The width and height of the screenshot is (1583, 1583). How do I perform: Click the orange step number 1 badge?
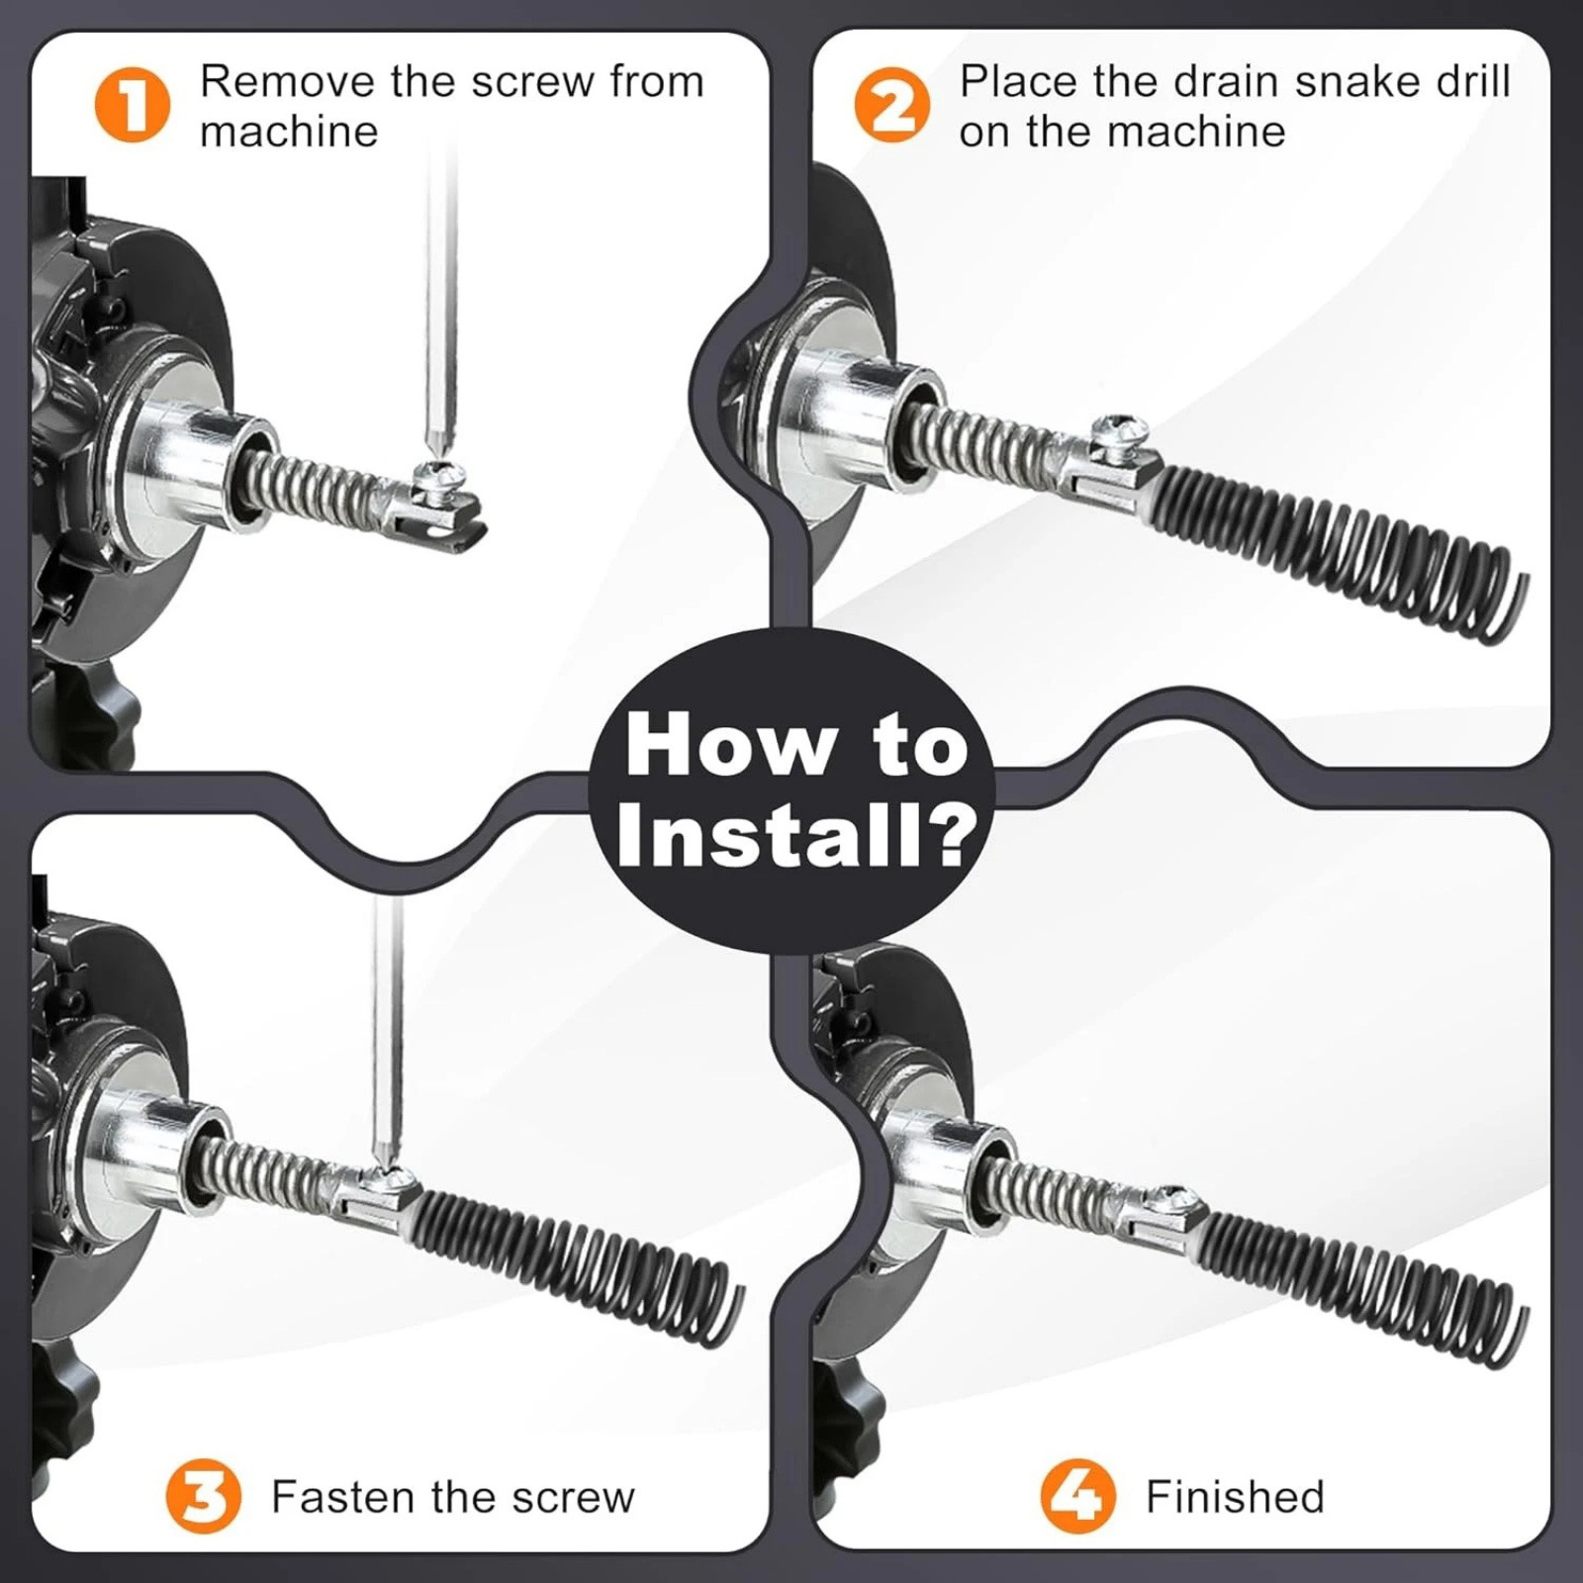(x=132, y=106)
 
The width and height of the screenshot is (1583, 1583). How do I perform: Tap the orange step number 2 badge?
(x=891, y=106)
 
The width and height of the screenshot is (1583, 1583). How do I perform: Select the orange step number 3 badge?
(x=204, y=1495)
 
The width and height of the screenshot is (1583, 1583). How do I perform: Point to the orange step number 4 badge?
(x=1078, y=1495)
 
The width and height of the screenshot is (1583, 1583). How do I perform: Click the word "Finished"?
(x=1235, y=1496)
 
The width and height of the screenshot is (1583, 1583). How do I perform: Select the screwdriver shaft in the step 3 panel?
(x=386, y=1029)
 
